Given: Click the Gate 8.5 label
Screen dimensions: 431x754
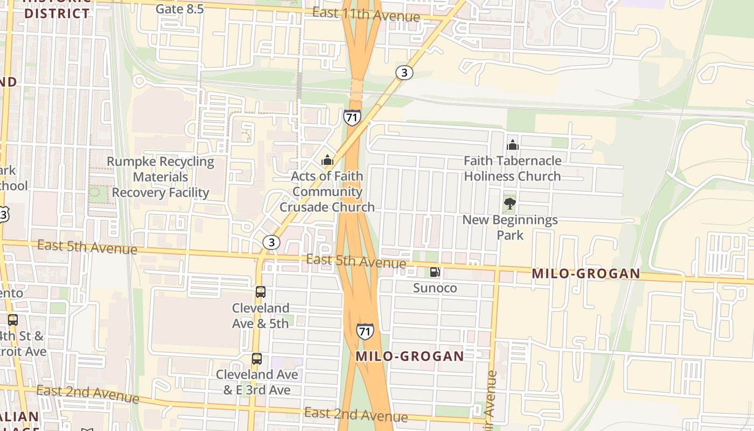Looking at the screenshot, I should tap(179, 9).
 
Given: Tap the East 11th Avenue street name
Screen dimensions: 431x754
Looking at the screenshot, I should tap(366, 14).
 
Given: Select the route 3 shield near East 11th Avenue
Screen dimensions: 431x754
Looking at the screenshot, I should tap(404, 72).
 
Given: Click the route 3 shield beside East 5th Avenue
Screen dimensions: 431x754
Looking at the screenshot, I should tap(271, 242).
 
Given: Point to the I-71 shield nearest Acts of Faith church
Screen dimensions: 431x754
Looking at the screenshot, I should tap(352, 117).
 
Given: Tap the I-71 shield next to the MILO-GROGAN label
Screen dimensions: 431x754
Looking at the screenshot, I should tap(365, 331).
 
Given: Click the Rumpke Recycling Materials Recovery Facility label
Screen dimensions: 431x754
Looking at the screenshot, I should tap(160, 177).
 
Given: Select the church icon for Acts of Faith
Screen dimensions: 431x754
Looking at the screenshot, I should tap(327, 160).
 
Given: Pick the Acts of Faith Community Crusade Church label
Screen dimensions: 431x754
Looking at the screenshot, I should tap(327, 191).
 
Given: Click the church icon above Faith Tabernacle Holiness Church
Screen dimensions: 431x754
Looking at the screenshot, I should tap(512, 144).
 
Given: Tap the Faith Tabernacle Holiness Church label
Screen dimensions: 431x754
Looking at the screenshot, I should tap(512, 168).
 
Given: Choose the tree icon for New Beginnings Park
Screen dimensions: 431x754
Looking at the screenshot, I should tap(509, 204).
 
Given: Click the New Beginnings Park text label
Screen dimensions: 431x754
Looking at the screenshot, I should tap(510, 227).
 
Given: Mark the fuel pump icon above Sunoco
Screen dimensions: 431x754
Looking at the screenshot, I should tap(435, 272).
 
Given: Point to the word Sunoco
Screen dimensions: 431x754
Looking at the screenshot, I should tap(435, 288).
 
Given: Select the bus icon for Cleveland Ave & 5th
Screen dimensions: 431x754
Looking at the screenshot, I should tap(261, 292).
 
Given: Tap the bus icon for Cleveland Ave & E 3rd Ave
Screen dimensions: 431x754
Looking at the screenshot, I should tap(257, 359).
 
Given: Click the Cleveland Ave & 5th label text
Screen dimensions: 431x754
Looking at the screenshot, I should tap(261, 316).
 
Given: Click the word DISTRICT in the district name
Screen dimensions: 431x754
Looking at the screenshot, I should tap(57, 13).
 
